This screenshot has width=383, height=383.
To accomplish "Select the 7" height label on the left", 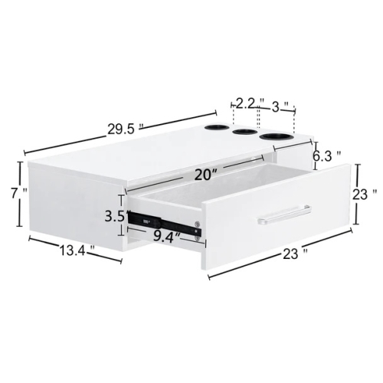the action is tap(19, 193).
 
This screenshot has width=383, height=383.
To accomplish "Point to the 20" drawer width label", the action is tap(205, 175).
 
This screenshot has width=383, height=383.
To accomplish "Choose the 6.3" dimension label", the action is tap(327, 156).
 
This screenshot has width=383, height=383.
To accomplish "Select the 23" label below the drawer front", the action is tap(295, 254).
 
